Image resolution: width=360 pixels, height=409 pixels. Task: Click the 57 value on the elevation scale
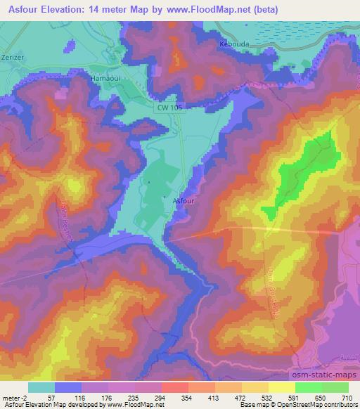point(55,397)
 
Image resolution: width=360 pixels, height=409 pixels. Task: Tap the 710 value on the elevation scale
point(348,397)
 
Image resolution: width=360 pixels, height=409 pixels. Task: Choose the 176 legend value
point(108,397)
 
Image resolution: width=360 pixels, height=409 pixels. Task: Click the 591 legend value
point(295,397)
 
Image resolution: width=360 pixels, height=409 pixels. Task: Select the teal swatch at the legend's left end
point(41,387)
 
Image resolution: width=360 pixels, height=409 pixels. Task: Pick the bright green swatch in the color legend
point(308,387)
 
